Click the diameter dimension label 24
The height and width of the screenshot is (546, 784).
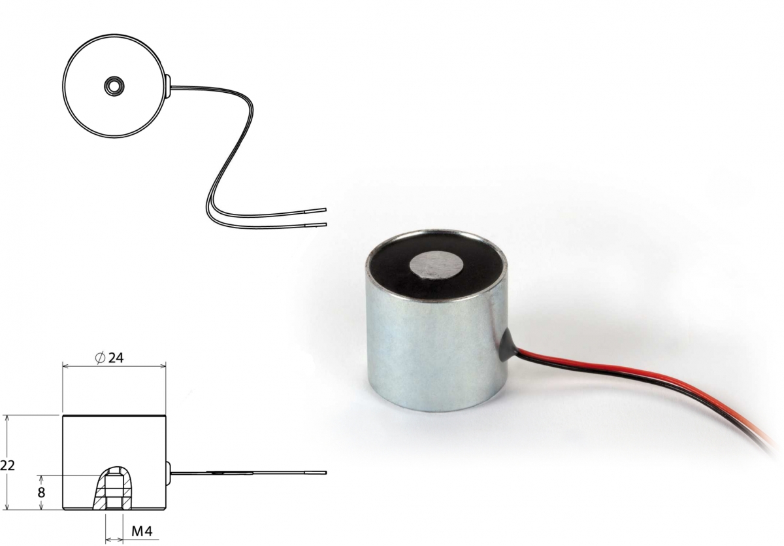pos(116,358)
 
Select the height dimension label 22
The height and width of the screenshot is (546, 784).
pos(7,466)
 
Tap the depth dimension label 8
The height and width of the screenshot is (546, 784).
pos(41,493)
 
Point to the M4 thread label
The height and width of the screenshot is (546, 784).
pos(142,532)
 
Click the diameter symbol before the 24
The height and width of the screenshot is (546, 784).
pos(100,358)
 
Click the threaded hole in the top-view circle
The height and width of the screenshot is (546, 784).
pos(114,86)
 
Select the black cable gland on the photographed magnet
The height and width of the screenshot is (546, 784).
pos(506,347)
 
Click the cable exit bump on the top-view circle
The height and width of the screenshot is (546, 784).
pos(168,86)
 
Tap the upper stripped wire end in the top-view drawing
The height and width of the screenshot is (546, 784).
pos(316,210)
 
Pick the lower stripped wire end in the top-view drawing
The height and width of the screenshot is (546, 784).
pos(316,224)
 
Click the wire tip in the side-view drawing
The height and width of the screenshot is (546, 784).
pos(316,473)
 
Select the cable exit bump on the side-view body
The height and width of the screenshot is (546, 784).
pos(168,473)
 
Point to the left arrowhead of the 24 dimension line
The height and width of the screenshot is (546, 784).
pos(65,366)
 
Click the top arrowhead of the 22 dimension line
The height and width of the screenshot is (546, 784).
pos(7,419)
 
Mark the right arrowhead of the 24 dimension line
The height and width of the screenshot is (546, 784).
pos(163,366)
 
